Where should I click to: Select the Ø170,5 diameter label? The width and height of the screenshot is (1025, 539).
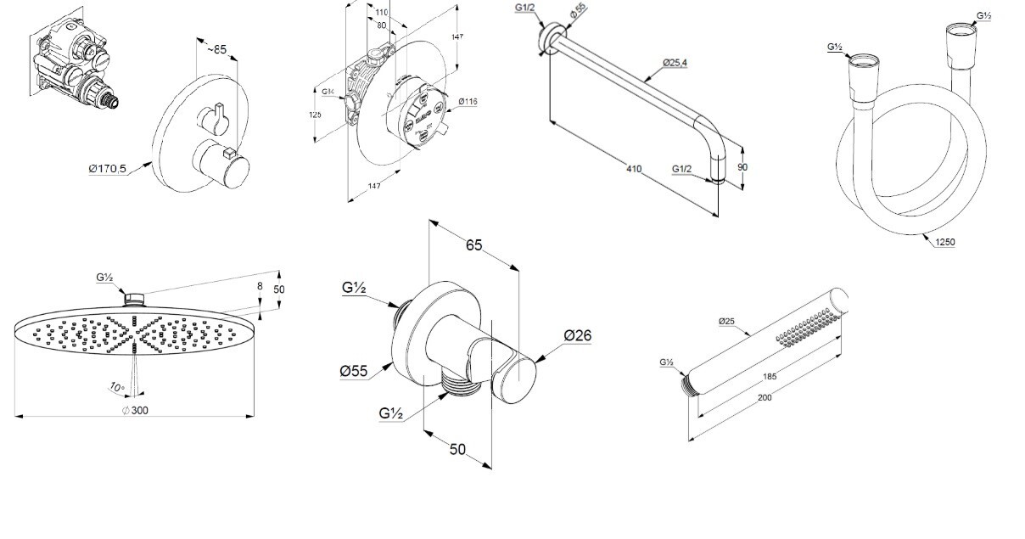coord(107,169)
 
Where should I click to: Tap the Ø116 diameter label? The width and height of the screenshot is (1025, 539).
coord(468,101)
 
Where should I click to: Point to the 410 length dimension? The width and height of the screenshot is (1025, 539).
coord(633,168)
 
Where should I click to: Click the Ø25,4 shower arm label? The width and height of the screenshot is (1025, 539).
coord(675,64)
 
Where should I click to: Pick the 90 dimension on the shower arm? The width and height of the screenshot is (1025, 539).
coord(742,167)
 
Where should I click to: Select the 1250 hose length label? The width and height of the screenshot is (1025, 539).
coord(944,242)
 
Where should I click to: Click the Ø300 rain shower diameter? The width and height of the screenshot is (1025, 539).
coord(135,411)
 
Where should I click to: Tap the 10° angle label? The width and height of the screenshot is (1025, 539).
coord(116,387)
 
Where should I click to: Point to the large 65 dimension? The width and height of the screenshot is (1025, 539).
coord(473,245)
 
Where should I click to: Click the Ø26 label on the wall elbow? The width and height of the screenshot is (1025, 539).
coord(577,335)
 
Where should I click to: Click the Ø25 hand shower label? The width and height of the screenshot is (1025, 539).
coord(726,321)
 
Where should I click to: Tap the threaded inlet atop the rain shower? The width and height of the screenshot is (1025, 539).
coord(134,298)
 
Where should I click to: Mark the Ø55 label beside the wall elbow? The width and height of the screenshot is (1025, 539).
coord(353,371)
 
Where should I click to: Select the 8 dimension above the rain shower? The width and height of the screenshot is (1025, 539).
coord(260,287)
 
